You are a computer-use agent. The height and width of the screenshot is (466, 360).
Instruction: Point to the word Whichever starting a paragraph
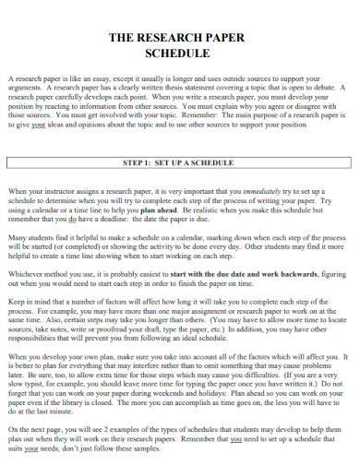[27, 273]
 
